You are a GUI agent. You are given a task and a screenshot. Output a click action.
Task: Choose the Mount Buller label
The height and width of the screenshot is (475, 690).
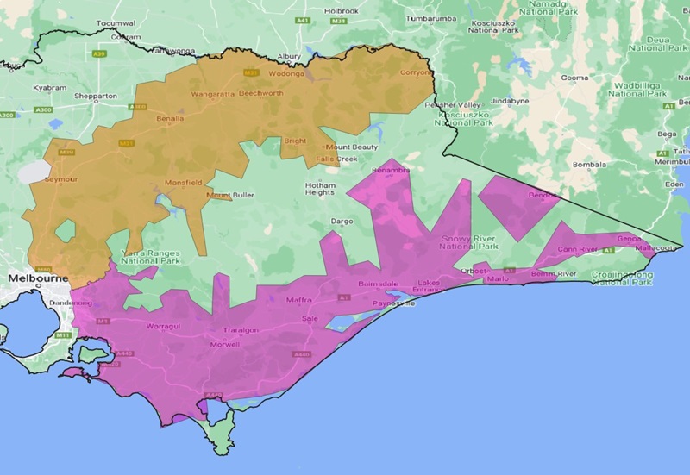(x=230, y=196)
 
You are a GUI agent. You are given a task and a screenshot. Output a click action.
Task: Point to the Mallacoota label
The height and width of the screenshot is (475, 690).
(x=660, y=248)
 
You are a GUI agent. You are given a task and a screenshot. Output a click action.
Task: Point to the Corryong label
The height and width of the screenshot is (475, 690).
(x=415, y=72)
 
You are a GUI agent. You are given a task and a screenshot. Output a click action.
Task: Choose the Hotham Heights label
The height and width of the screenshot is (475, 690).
(x=320, y=189)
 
